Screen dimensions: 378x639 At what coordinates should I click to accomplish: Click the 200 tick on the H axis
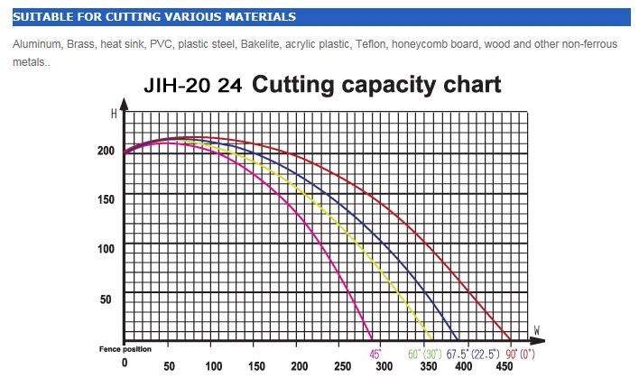tap(106, 151)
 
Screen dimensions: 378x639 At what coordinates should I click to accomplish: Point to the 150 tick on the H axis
tap(106, 198)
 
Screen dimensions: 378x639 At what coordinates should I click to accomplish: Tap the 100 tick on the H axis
tap(106, 248)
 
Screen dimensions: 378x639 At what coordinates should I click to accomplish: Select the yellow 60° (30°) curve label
tap(425, 353)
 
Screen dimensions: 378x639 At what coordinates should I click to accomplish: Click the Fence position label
tap(125, 348)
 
